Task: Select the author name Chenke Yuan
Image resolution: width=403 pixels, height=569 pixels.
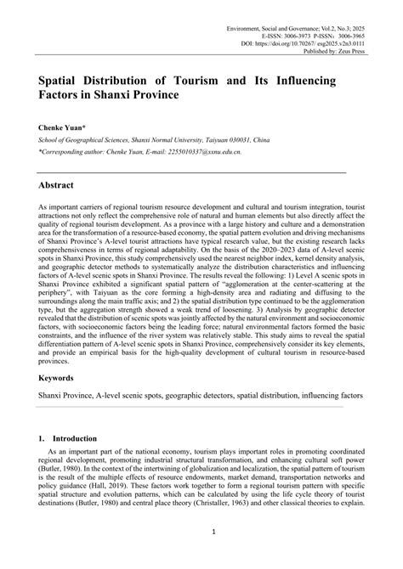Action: [61, 125]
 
